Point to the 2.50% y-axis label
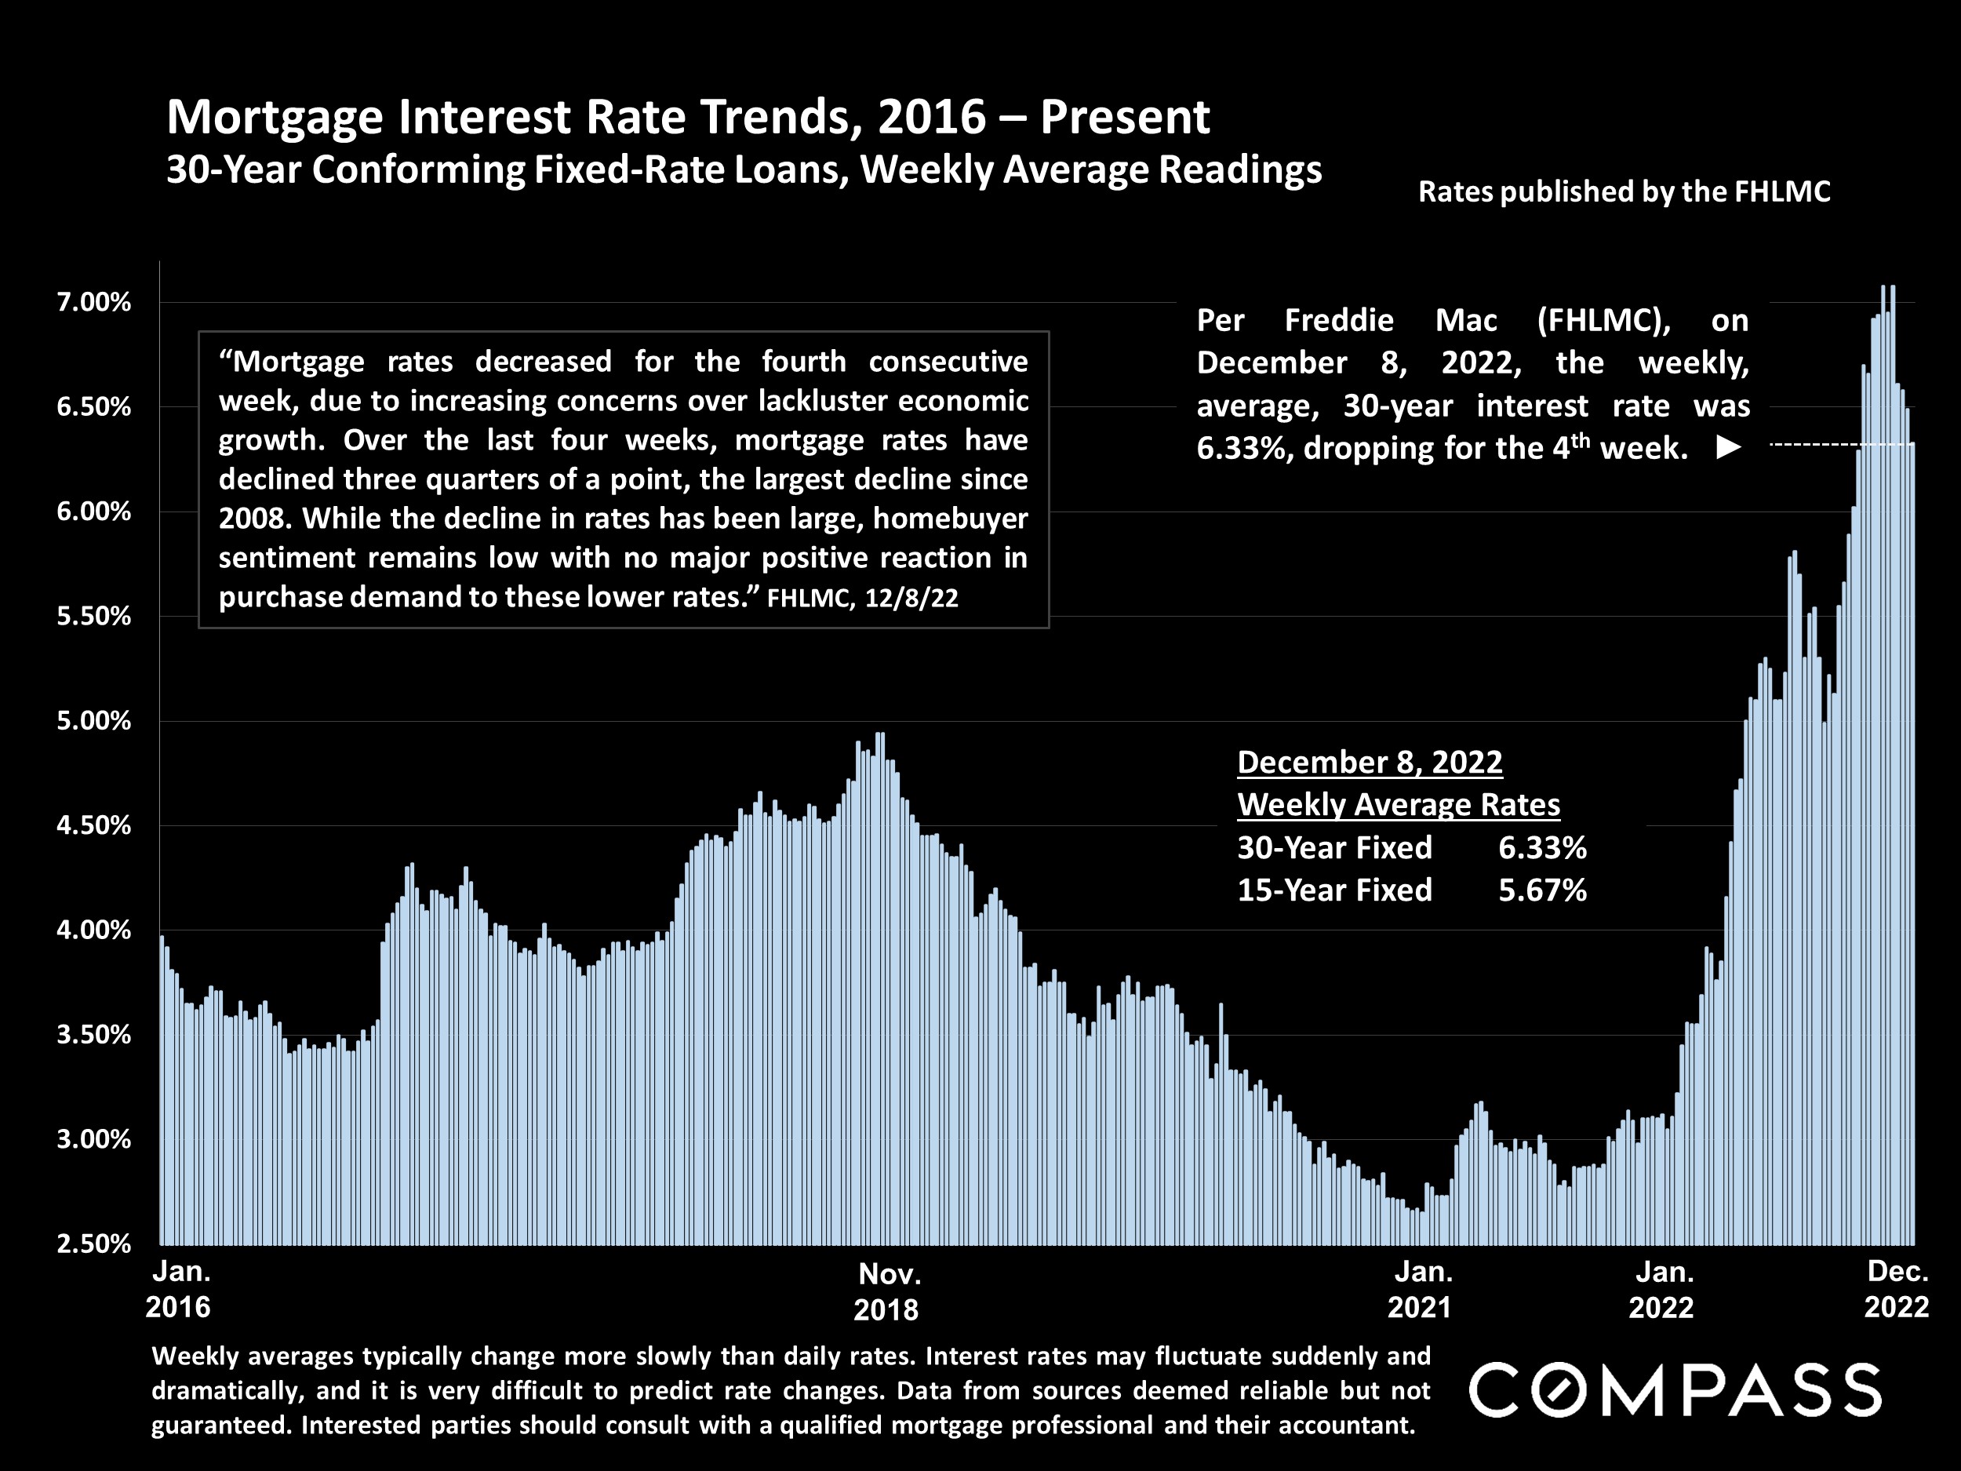click(x=94, y=1244)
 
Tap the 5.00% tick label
click(x=94, y=721)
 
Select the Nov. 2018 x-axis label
click(x=887, y=1292)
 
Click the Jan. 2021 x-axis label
click(x=1421, y=1290)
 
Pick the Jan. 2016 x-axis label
click(x=179, y=1289)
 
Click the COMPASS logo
click(x=1675, y=1390)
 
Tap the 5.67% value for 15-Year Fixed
click(x=1543, y=890)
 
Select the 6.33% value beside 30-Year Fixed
click(x=1543, y=847)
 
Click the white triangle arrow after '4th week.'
click(x=1729, y=448)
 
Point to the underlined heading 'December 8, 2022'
click(x=1370, y=763)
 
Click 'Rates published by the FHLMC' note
click(x=1624, y=191)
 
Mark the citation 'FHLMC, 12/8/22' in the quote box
click(x=863, y=599)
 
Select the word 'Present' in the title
click(x=1125, y=117)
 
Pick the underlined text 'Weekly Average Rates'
click(x=1398, y=805)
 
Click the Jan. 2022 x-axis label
click(x=1662, y=1290)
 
